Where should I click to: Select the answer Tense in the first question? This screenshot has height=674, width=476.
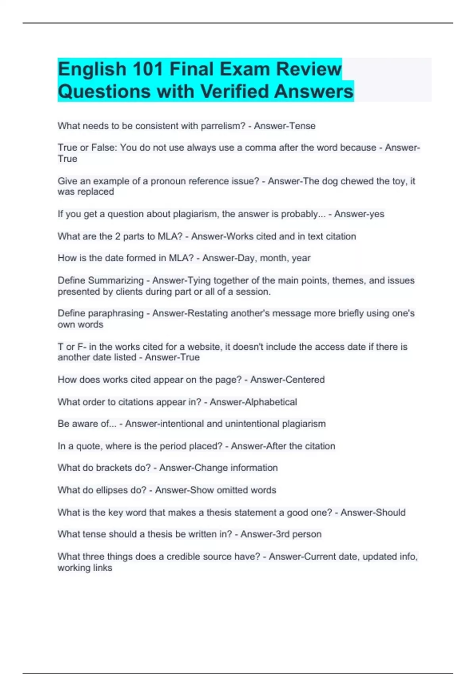(303, 126)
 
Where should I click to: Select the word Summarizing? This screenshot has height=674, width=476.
(116, 280)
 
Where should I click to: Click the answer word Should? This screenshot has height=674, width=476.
(393, 513)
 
